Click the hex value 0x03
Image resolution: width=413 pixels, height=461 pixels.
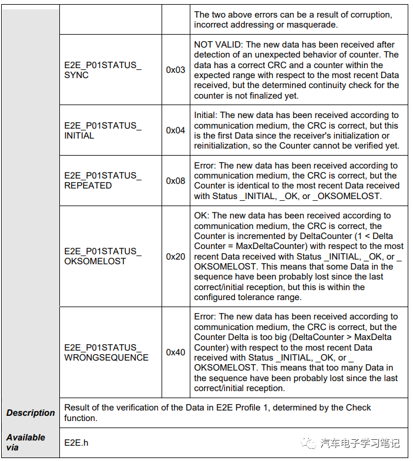[175, 70]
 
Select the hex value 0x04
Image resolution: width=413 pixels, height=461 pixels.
[175, 130]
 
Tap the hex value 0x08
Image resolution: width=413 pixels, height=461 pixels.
[175, 181]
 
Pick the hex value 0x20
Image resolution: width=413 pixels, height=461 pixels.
[175, 257]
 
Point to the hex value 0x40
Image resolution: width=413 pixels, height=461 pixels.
[175, 352]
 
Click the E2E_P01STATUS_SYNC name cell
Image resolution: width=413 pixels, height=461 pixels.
[102, 70]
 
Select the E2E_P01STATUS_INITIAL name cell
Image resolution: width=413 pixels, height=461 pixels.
[102, 130]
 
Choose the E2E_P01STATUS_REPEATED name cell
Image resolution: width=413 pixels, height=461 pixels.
[102, 180]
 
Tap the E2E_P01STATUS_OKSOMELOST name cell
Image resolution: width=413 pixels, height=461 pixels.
[102, 256]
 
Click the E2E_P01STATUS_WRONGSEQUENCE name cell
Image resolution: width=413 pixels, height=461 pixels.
[106, 352]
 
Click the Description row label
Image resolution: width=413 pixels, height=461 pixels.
[31, 413]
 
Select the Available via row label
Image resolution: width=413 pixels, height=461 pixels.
[26, 442]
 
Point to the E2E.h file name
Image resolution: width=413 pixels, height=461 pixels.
[76, 442]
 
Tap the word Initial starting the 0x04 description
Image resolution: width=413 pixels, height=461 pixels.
[206, 116]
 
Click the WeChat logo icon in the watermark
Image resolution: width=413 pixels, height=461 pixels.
[309, 443]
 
